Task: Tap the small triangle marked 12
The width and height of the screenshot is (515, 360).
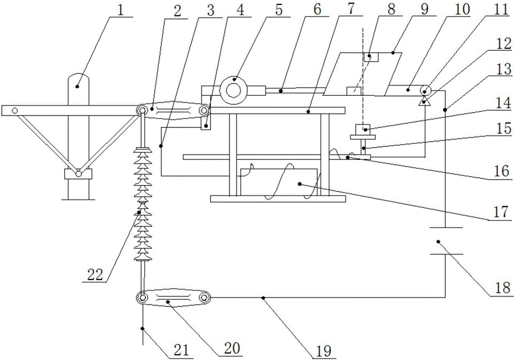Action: [x=424, y=100]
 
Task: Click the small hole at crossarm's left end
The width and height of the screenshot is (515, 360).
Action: [x=15, y=110]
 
